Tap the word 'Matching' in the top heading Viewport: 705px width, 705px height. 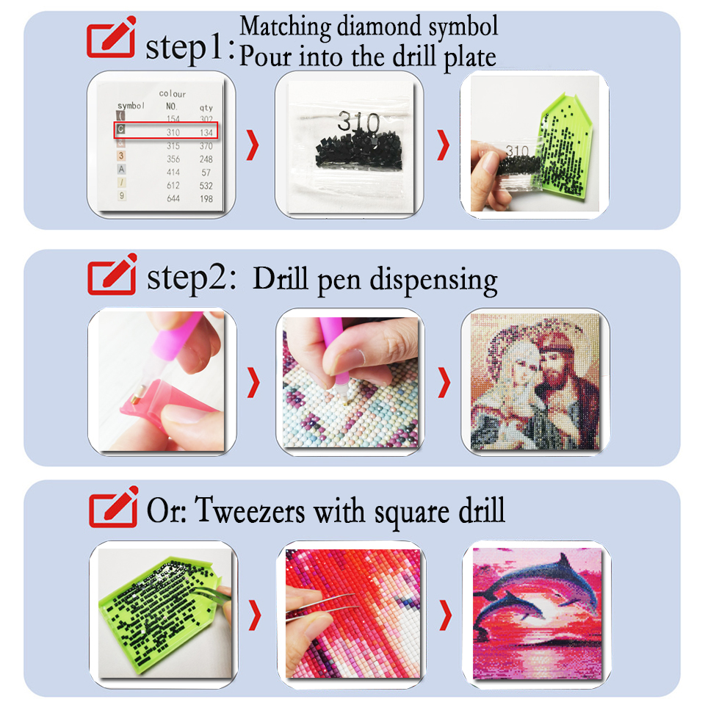(285, 27)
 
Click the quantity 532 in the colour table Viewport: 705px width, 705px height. (206, 186)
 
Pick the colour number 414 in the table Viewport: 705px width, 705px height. (173, 172)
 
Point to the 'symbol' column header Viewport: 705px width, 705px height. (131, 106)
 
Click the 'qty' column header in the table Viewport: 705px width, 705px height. (206, 107)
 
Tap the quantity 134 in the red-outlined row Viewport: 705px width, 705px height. (206, 133)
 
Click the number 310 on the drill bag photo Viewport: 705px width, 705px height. (358, 122)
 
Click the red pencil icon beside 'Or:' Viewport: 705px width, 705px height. (113, 506)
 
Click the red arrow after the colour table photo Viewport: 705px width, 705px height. (253, 145)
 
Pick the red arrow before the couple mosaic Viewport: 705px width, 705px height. (444, 383)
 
